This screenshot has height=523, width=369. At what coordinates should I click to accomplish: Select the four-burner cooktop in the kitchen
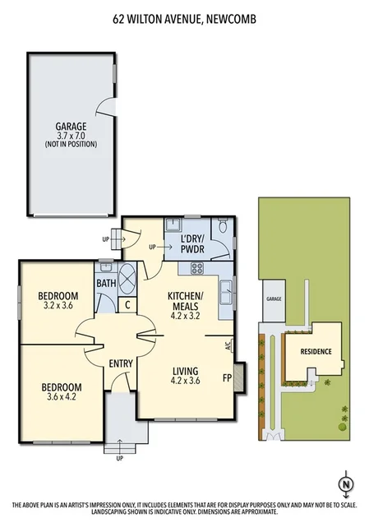pos(197,267)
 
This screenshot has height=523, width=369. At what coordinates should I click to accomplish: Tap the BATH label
pos(106,283)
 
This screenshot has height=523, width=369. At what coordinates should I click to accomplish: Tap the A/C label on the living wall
pos(228,346)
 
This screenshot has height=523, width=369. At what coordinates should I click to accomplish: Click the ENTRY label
pos(121,363)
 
